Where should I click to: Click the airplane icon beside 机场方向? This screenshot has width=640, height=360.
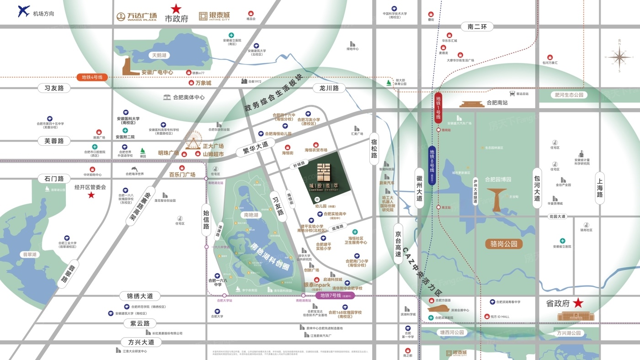(x=24, y=11)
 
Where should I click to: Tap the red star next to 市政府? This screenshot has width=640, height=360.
(x=176, y=9)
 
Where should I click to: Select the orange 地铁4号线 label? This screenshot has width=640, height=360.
(x=92, y=77)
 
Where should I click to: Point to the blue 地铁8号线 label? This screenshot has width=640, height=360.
(x=432, y=165)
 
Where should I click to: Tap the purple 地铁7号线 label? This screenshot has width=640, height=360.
(x=332, y=295)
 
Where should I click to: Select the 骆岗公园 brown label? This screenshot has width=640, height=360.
(x=503, y=244)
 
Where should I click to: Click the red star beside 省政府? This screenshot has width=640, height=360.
(x=578, y=302)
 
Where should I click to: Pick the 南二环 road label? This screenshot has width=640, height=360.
(x=477, y=26)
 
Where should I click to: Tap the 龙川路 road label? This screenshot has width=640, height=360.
(x=329, y=88)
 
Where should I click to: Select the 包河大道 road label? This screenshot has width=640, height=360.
(x=537, y=185)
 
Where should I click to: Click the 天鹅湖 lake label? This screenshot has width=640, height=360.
(x=159, y=55)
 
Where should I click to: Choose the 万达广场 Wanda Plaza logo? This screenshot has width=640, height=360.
(x=137, y=17)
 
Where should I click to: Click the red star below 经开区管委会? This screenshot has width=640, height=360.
(x=91, y=195)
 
